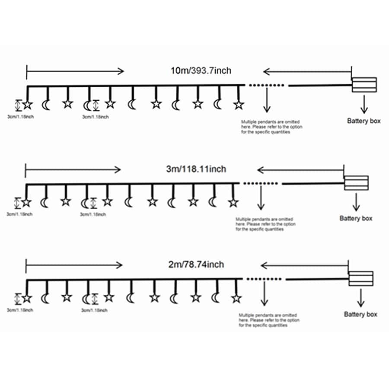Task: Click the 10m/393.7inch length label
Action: [x=201, y=71]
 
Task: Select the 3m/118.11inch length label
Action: [x=196, y=169]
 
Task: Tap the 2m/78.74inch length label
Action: [x=196, y=265]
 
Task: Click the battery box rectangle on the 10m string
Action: [x=364, y=85]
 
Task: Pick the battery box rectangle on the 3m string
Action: [x=356, y=183]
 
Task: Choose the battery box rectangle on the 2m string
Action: [x=361, y=279]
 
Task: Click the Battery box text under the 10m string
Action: [x=363, y=121]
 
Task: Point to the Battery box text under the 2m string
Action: [x=360, y=314]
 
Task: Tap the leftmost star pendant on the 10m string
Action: [x=28, y=105]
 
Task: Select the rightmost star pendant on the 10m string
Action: [x=239, y=105]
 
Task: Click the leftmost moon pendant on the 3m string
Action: [x=45, y=203]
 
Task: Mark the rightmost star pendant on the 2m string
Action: [x=236, y=298]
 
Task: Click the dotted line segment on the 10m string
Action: [x=266, y=85]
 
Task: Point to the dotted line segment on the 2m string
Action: [x=264, y=279]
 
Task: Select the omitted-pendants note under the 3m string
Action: [x=265, y=224]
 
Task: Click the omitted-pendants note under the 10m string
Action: [x=272, y=127]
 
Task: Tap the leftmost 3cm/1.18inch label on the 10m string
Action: [x=21, y=117]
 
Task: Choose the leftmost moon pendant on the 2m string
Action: [x=45, y=298]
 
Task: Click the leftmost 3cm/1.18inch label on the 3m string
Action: [x=19, y=214]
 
